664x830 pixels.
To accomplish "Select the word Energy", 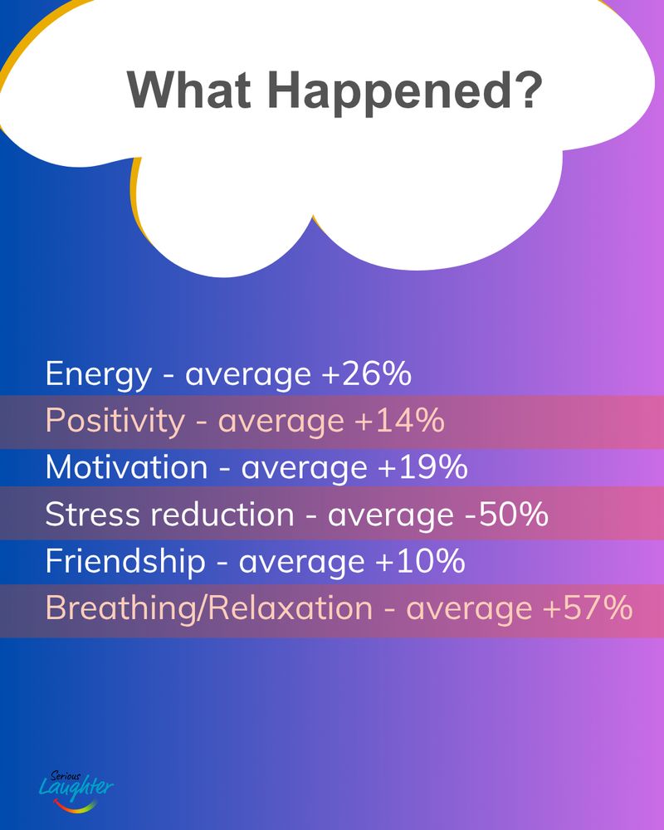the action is coord(99,376).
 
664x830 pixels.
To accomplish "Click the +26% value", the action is coord(366,373).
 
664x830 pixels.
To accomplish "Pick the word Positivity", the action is coord(115,422).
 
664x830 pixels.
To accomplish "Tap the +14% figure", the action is coord(400,420).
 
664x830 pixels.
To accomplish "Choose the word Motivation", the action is coord(126,467).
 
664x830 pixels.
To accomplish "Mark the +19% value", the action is coord(422,467).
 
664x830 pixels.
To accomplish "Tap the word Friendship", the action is coord(125,562).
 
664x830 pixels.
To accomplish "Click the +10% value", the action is coord(421,560).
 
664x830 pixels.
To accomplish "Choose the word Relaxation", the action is coord(290,608).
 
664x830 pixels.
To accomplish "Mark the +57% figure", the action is coord(588,608).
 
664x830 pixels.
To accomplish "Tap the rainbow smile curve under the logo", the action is coord(76,806).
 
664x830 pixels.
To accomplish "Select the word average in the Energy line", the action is coord(248,376).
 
